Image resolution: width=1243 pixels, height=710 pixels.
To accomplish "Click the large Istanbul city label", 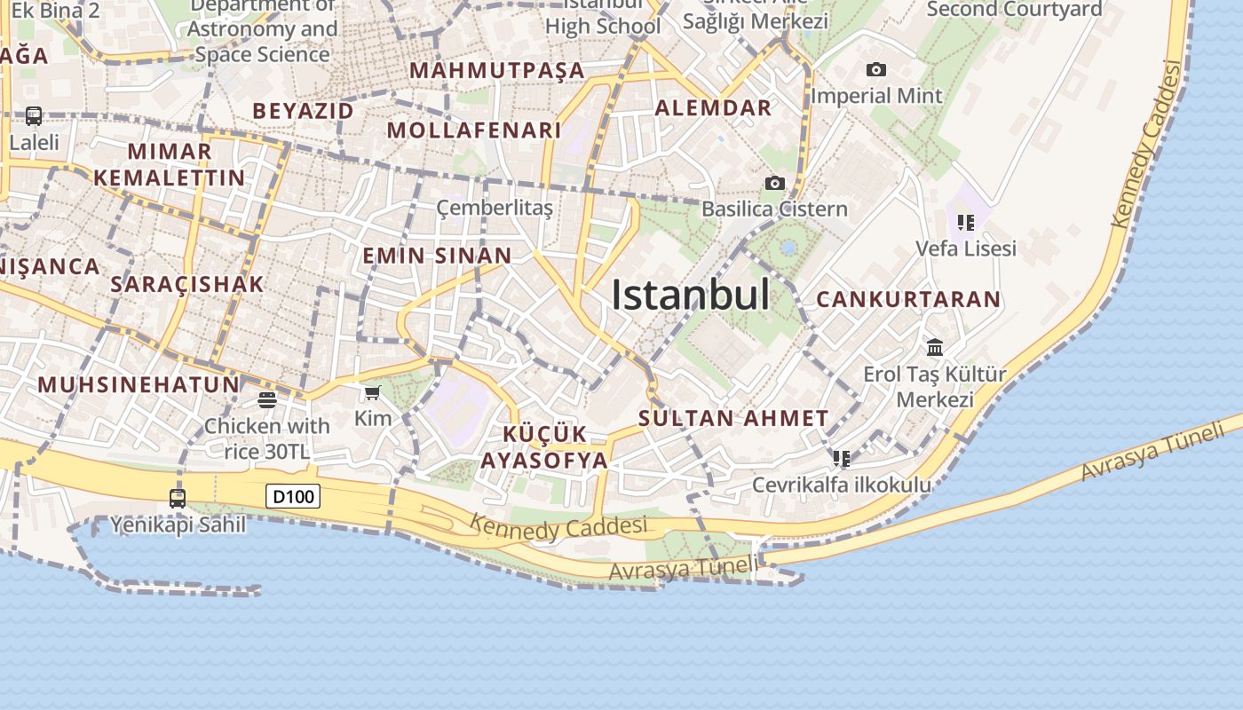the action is click(x=690, y=295).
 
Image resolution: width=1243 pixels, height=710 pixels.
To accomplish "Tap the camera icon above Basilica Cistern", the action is click(x=775, y=184).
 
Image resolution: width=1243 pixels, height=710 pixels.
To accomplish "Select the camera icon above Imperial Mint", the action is click(x=876, y=70).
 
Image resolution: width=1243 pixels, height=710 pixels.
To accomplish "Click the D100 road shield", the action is click(x=293, y=496).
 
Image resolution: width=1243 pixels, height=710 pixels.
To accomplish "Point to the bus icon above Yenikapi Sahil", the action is click(x=178, y=499).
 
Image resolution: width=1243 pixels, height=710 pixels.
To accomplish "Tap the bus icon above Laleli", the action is click(x=34, y=116).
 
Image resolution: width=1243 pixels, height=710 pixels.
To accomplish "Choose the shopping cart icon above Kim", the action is click(x=373, y=392).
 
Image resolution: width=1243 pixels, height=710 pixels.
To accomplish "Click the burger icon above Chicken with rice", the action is click(x=267, y=400).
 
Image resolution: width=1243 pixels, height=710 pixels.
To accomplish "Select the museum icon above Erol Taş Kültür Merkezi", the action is click(x=935, y=347).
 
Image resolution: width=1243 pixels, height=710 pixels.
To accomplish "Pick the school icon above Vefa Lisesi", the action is click(x=966, y=223).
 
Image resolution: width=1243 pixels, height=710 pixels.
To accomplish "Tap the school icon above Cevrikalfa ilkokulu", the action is click(x=842, y=459).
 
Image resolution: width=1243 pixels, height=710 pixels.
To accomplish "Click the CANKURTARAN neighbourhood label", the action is click(x=908, y=299).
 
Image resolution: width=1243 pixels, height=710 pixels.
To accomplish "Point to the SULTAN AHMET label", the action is click(x=733, y=418).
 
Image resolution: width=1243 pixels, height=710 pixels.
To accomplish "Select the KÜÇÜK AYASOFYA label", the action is click(x=544, y=447).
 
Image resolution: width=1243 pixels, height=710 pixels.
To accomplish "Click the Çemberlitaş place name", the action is click(x=495, y=209).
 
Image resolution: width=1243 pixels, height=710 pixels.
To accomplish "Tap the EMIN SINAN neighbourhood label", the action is click(x=437, y=256).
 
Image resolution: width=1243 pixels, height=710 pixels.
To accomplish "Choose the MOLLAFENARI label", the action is click(x=474, y=130).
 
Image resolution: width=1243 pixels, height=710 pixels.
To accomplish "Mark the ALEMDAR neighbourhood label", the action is click(x=713, y=108).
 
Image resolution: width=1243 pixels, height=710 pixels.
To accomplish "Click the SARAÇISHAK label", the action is click(x=187, y=284).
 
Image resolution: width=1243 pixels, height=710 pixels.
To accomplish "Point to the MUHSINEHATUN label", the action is click(x=139, y=385).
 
